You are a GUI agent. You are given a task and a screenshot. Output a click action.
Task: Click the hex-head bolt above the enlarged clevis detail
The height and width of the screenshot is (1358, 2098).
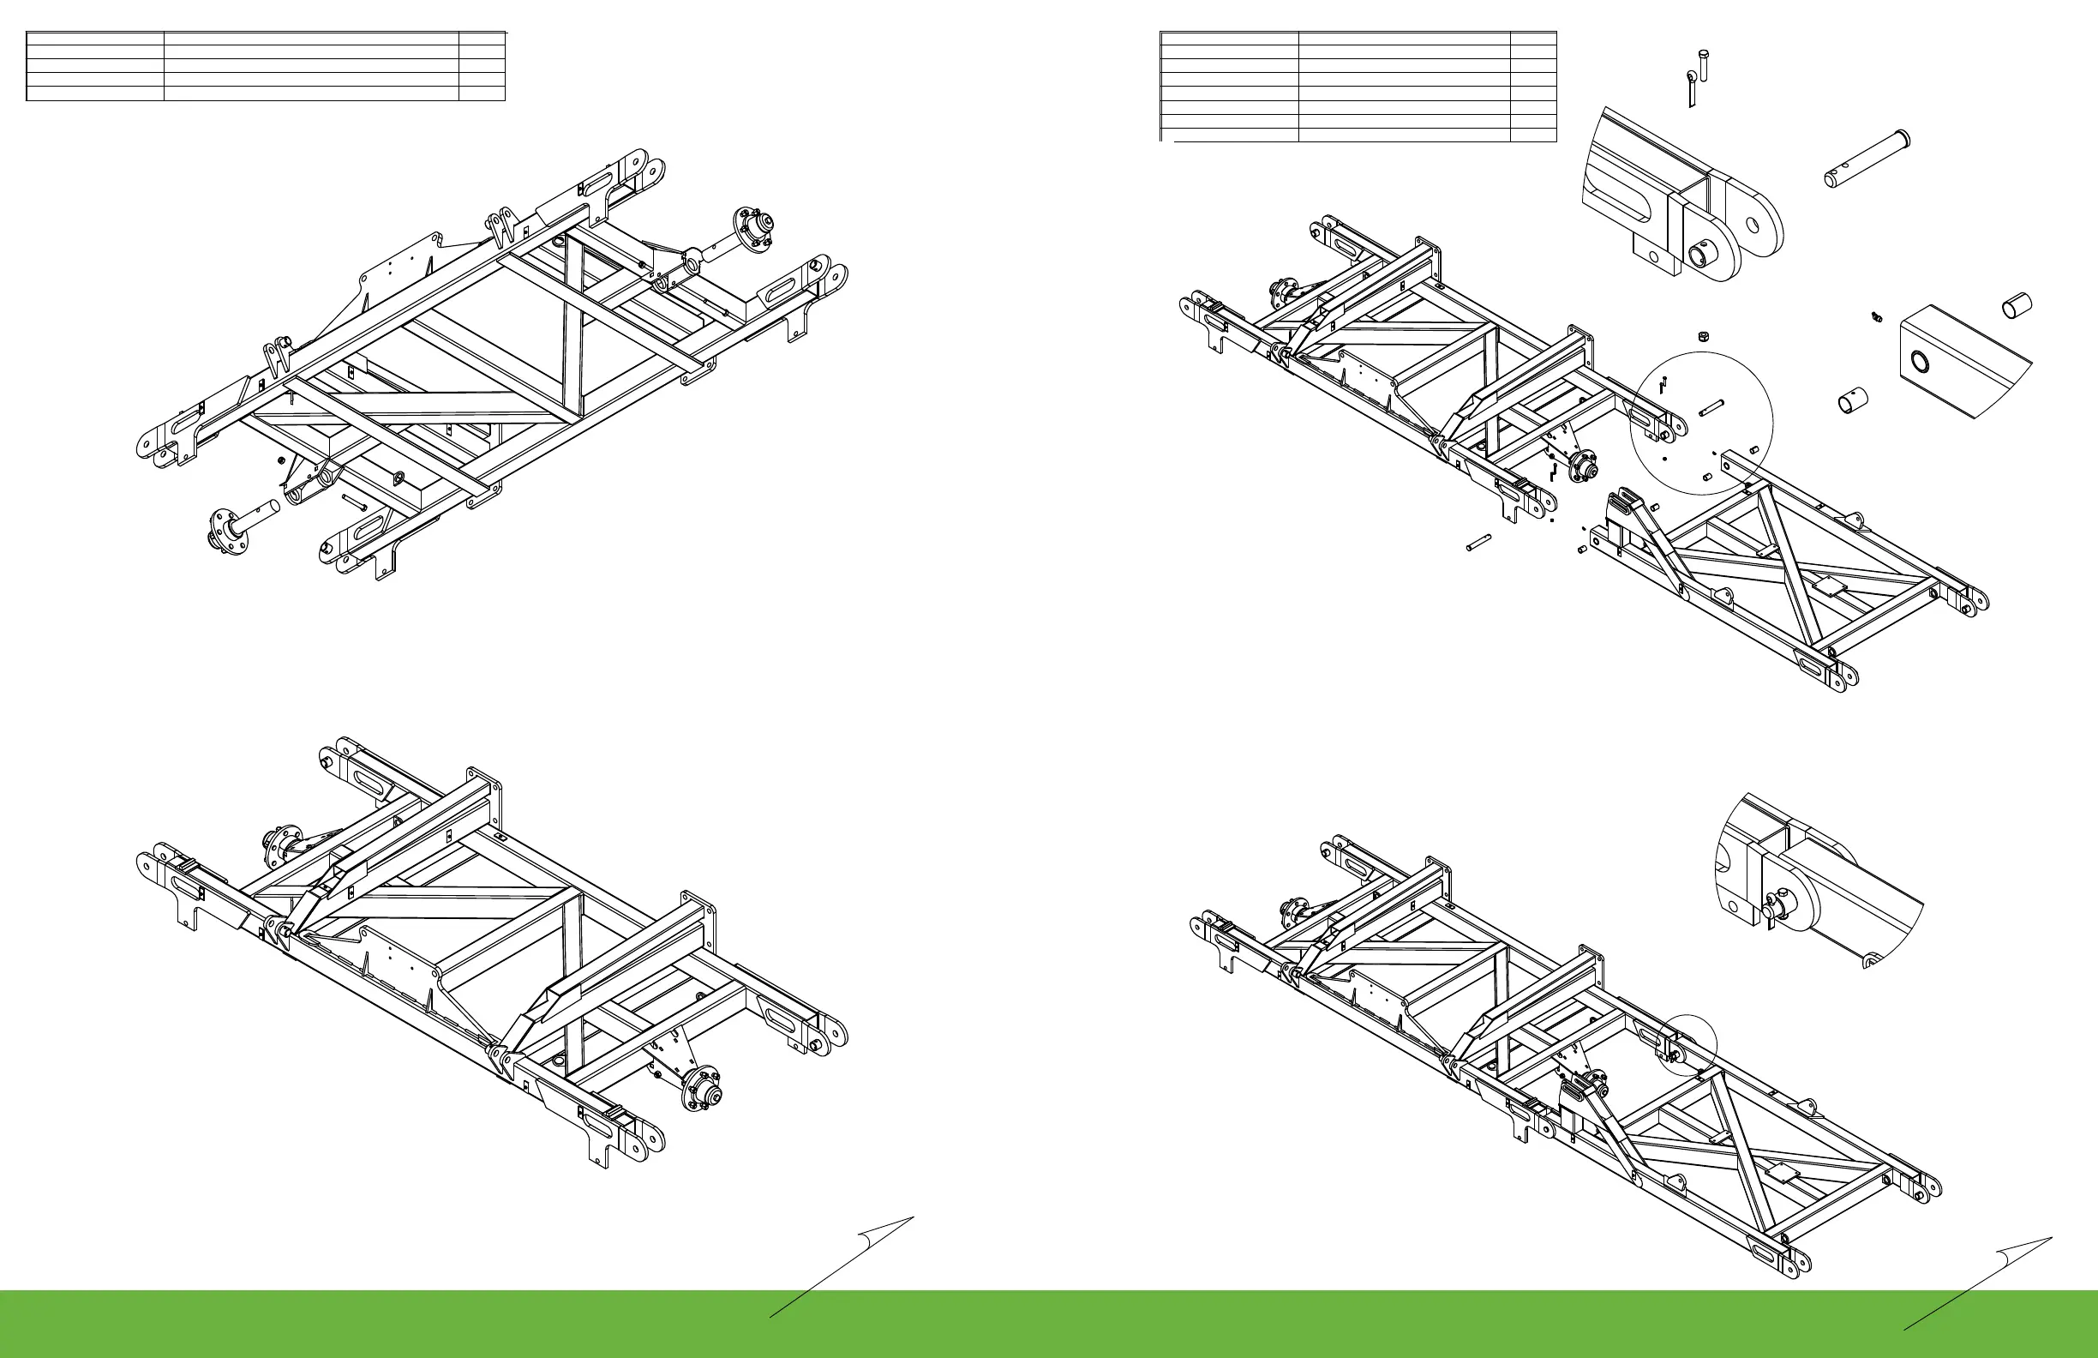(x=1701, y=63)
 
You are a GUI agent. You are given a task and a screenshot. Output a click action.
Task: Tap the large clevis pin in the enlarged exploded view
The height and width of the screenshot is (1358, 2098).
(x=1865, y=159)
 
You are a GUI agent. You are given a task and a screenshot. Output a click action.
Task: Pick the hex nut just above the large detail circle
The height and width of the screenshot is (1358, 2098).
(x=1704, y=336)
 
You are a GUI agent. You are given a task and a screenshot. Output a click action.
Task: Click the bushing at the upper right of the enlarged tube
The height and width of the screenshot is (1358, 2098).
(x=2018, y=305)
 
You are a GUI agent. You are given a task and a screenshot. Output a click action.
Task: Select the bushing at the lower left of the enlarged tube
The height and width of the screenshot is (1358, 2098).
(x=1849, y=402)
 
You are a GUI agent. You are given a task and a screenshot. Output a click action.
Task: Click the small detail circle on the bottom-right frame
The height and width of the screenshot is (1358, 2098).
(x=1687, y=1046)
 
